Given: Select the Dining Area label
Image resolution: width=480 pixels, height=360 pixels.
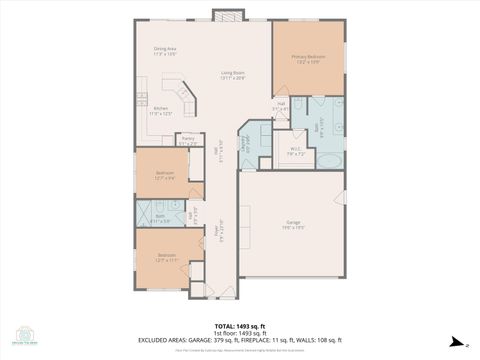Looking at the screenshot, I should click(165, 50).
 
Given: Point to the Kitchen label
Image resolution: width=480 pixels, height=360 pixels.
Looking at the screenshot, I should click(160, 111).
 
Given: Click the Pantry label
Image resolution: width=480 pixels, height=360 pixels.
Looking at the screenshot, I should click(188, 141).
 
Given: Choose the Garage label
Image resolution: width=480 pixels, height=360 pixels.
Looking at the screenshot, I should click(293, 224).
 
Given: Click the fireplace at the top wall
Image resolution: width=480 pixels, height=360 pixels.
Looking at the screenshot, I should click(228, 16).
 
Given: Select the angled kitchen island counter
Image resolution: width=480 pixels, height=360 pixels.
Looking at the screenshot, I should click(183, 99).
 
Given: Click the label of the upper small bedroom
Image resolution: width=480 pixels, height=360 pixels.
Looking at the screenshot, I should click(165, 175).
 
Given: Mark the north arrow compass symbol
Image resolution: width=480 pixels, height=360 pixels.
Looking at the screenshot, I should click(453, 340).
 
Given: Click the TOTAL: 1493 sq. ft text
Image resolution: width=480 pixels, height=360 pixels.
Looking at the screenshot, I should click(239, 326).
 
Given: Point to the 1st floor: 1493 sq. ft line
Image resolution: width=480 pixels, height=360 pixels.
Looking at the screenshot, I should click(239, 333).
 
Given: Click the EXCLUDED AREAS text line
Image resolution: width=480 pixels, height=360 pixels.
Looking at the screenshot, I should click(239, 340).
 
